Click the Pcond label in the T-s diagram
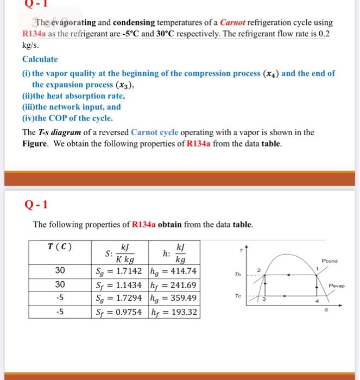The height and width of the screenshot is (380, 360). [329, 261]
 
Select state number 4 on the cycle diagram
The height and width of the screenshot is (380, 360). [318, 301]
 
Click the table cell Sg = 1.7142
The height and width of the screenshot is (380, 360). [118, 271]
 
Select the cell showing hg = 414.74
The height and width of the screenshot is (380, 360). [173, 271]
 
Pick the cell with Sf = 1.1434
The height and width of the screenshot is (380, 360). [118, 284]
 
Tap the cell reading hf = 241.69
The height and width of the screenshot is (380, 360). [173, 284]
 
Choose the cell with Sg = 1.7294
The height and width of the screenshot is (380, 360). [118, 298]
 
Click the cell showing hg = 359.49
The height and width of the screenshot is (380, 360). [173, 298]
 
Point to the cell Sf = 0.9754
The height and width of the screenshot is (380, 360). [118, 312]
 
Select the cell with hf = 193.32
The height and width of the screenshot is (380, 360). [173, 312]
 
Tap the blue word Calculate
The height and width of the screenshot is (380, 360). [40, 59]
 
